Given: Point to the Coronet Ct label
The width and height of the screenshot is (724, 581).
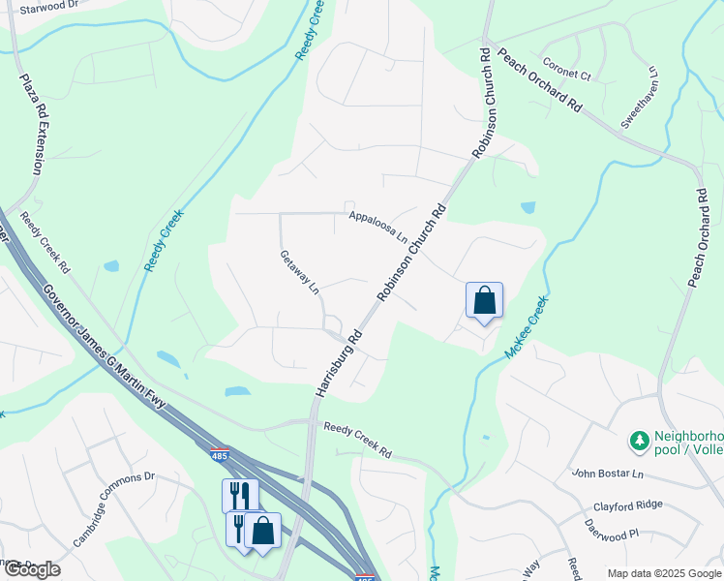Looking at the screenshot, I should click(x=566, y=75).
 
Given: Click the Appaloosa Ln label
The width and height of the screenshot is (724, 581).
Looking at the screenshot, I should click(x=378, y=224).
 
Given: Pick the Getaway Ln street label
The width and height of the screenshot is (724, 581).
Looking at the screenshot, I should click(x=299, y=272).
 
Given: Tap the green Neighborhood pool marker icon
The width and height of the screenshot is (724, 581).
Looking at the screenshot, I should click(x=639, y=442).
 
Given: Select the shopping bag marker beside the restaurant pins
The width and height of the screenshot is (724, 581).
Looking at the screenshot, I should click(x=261, y=530).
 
